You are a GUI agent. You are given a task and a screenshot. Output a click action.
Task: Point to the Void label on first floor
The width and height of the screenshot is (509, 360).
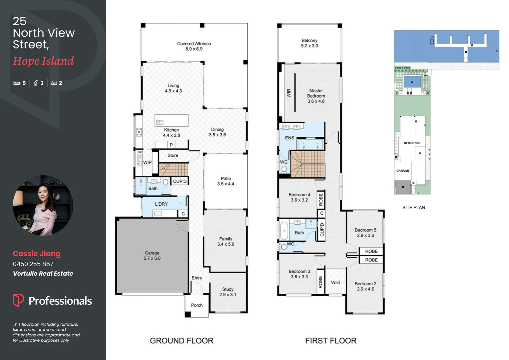[x=335, y=283]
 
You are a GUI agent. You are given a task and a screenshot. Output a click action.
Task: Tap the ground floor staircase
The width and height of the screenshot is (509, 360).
[x=173, y=169]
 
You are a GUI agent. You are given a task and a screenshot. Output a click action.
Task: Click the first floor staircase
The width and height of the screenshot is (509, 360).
[x=307, y=164]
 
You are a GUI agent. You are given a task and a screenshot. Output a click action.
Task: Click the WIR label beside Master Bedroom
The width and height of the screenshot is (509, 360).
[x=289, y=93]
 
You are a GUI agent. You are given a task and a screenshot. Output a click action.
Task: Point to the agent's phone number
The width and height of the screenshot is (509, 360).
[x=33, y=264]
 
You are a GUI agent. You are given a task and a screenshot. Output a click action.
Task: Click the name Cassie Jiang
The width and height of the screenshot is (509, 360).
[x=37, y=254]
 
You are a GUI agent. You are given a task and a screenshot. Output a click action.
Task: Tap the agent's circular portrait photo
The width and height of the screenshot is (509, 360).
[x=43, y=205]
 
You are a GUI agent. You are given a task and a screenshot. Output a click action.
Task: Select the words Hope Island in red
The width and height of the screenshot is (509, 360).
[x=43, y=61]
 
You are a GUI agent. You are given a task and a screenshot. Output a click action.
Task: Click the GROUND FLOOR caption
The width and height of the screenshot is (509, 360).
[x=182, y=341]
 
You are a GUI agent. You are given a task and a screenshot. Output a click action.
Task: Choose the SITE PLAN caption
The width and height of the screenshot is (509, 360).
[x=413, y=208]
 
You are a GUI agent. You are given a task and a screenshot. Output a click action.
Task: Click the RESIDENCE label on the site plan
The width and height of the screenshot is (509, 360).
[x=412, y=143]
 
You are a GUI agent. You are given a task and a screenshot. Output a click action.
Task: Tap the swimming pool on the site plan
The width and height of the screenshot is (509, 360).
[x=412, y=82]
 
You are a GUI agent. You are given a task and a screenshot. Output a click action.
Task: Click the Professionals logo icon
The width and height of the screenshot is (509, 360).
[x=18, y=300]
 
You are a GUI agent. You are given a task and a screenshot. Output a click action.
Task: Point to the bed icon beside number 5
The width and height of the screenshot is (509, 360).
[x=17, y=83]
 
